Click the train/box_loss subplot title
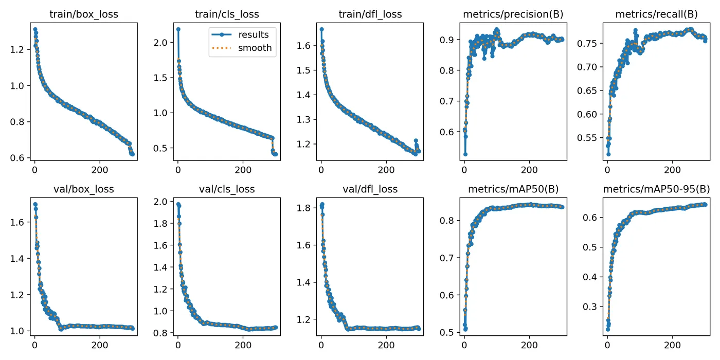[x=83, y=14]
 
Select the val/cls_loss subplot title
[x=227, y=189]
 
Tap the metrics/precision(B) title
[x=513, y=14]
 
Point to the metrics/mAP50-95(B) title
[x=656, y=189]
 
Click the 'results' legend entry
[x=253, y=35]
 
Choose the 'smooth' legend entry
[x=255, y=48]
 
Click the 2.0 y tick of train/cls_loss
[x=160, y=43]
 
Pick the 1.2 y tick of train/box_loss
[x=17, y=49]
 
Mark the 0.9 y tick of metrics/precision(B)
[x=447, y=40]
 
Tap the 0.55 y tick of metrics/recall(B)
[x=587, y=138]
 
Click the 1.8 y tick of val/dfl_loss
[x=304, y=208]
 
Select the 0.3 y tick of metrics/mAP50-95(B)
[x=590, y=307]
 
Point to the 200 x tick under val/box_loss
[x=100, y=345]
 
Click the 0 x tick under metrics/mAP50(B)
[x=464, y=345]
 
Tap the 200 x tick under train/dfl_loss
[x=386, y=170]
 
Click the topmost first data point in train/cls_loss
[x=178, y=29]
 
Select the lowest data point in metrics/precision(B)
[x=465, y=154]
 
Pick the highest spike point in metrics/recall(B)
[x=636, y=30]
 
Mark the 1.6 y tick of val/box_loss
[x=17, y=222]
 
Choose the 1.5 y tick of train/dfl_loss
[x=304, y=70]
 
